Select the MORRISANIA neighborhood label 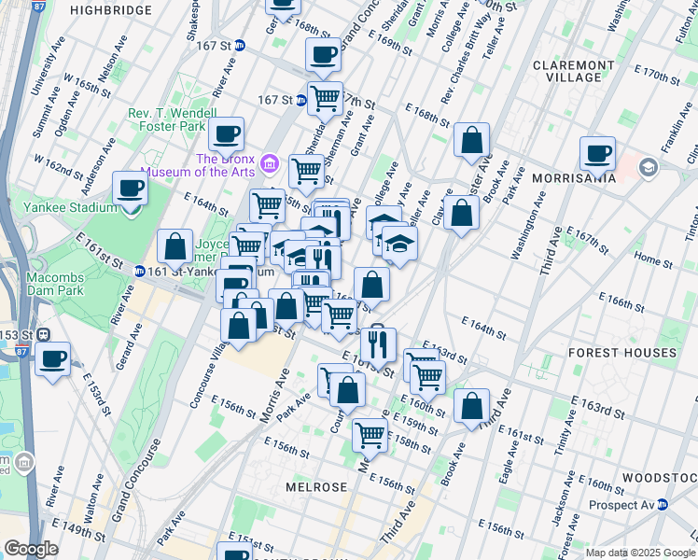577,176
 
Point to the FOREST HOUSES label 623,353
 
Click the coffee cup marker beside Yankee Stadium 131,189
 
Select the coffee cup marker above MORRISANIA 597,153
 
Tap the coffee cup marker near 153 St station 53,358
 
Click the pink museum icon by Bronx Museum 271,164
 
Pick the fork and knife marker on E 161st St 378,344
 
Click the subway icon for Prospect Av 662,504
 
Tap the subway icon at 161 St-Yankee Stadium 139,272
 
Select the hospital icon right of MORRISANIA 649,168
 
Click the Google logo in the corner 30,549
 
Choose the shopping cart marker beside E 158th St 370,434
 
